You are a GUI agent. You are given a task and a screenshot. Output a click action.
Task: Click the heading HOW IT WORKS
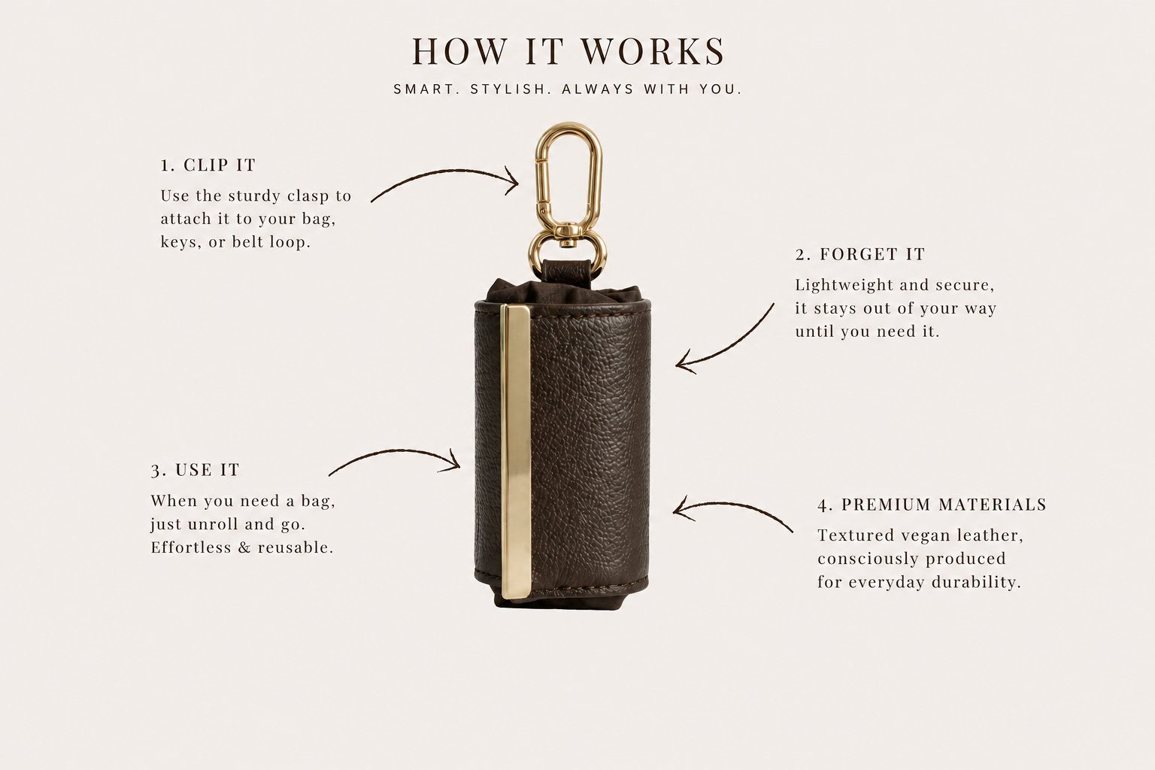(x=568, y=51)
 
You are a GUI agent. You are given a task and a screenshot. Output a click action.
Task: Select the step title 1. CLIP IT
(x=208, y=165)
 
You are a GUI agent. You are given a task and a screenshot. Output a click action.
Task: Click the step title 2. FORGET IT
(x=860, y=254)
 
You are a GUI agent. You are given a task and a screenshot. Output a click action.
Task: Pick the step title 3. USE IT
(x=196, y=470)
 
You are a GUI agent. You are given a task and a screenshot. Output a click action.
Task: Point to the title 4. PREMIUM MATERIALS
(x=932, y=505)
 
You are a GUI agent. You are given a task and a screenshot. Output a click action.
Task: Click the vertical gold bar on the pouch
(x=516, y=451)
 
